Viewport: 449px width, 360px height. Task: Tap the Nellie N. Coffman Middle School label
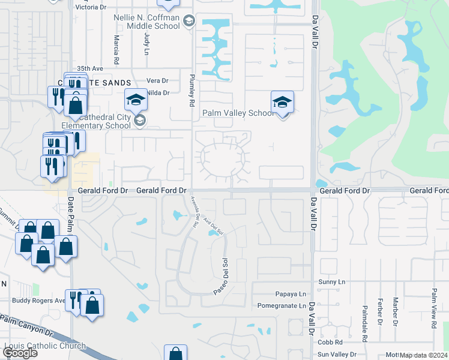147,22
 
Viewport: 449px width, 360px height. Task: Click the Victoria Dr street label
91,8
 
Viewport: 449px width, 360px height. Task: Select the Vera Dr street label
157,80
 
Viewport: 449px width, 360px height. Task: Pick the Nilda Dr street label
158,93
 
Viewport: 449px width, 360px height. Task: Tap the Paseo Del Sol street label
222,277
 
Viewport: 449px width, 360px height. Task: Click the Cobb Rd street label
330,341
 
